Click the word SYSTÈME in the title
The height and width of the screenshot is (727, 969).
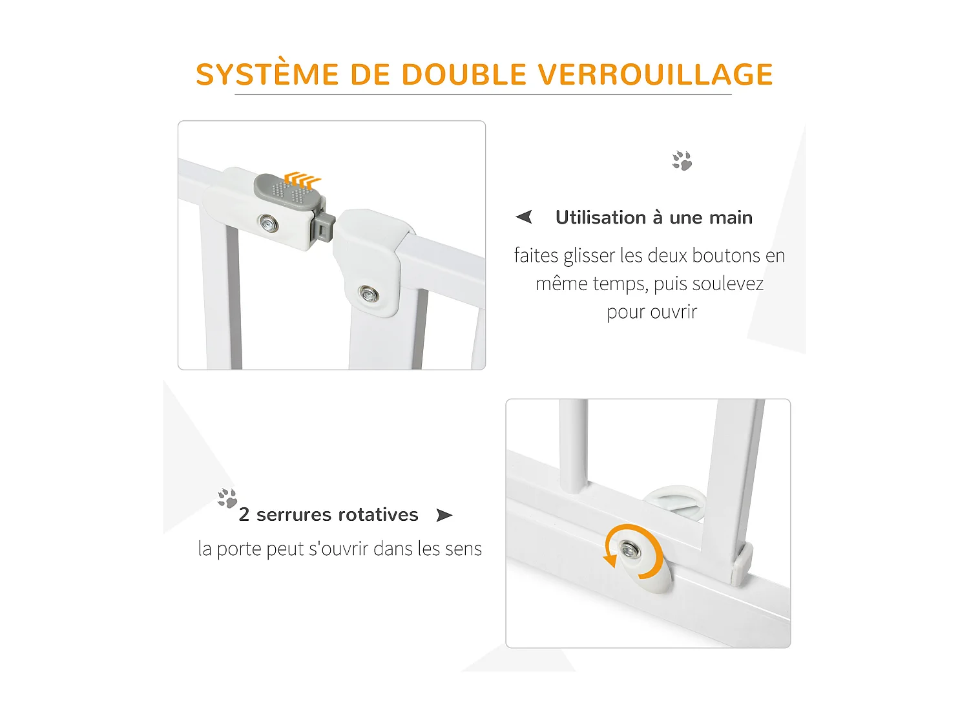tap(267, 74)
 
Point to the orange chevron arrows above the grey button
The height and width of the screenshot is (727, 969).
tap(302, 179)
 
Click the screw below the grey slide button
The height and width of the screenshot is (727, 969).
tap(268, 224)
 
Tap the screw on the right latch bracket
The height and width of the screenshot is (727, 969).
tap(369, 294)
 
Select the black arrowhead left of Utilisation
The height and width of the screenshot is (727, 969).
tap(524, 217)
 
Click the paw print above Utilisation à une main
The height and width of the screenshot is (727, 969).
tap(682, 160)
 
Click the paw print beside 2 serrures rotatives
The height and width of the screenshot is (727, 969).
tap(227, 498)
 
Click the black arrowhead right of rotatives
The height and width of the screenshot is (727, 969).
tap(444, 515)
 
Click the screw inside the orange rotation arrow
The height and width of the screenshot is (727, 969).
tap(629, 550)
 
